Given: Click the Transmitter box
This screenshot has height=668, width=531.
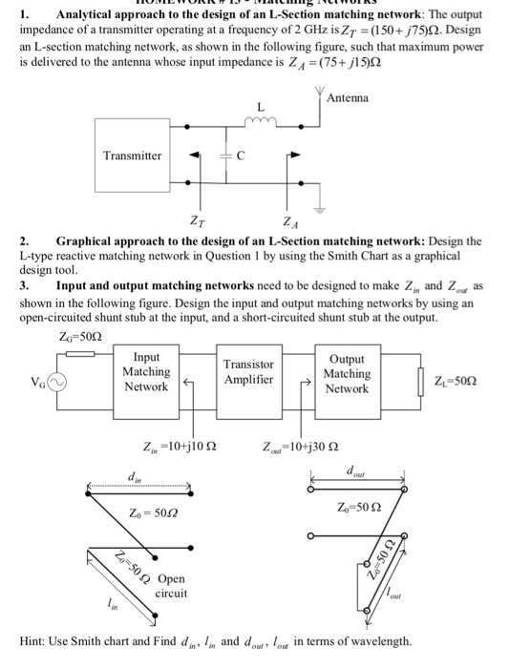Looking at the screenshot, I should (133, 156).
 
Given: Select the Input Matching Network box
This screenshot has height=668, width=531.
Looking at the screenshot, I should (146, 372).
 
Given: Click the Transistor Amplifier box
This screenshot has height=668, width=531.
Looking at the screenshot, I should (248, 372).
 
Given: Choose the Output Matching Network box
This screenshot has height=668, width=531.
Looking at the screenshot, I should (347, 372).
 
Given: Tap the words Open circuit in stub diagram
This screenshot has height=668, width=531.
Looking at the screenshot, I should (172, 586).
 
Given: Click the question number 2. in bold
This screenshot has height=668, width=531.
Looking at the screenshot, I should (26, 241).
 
